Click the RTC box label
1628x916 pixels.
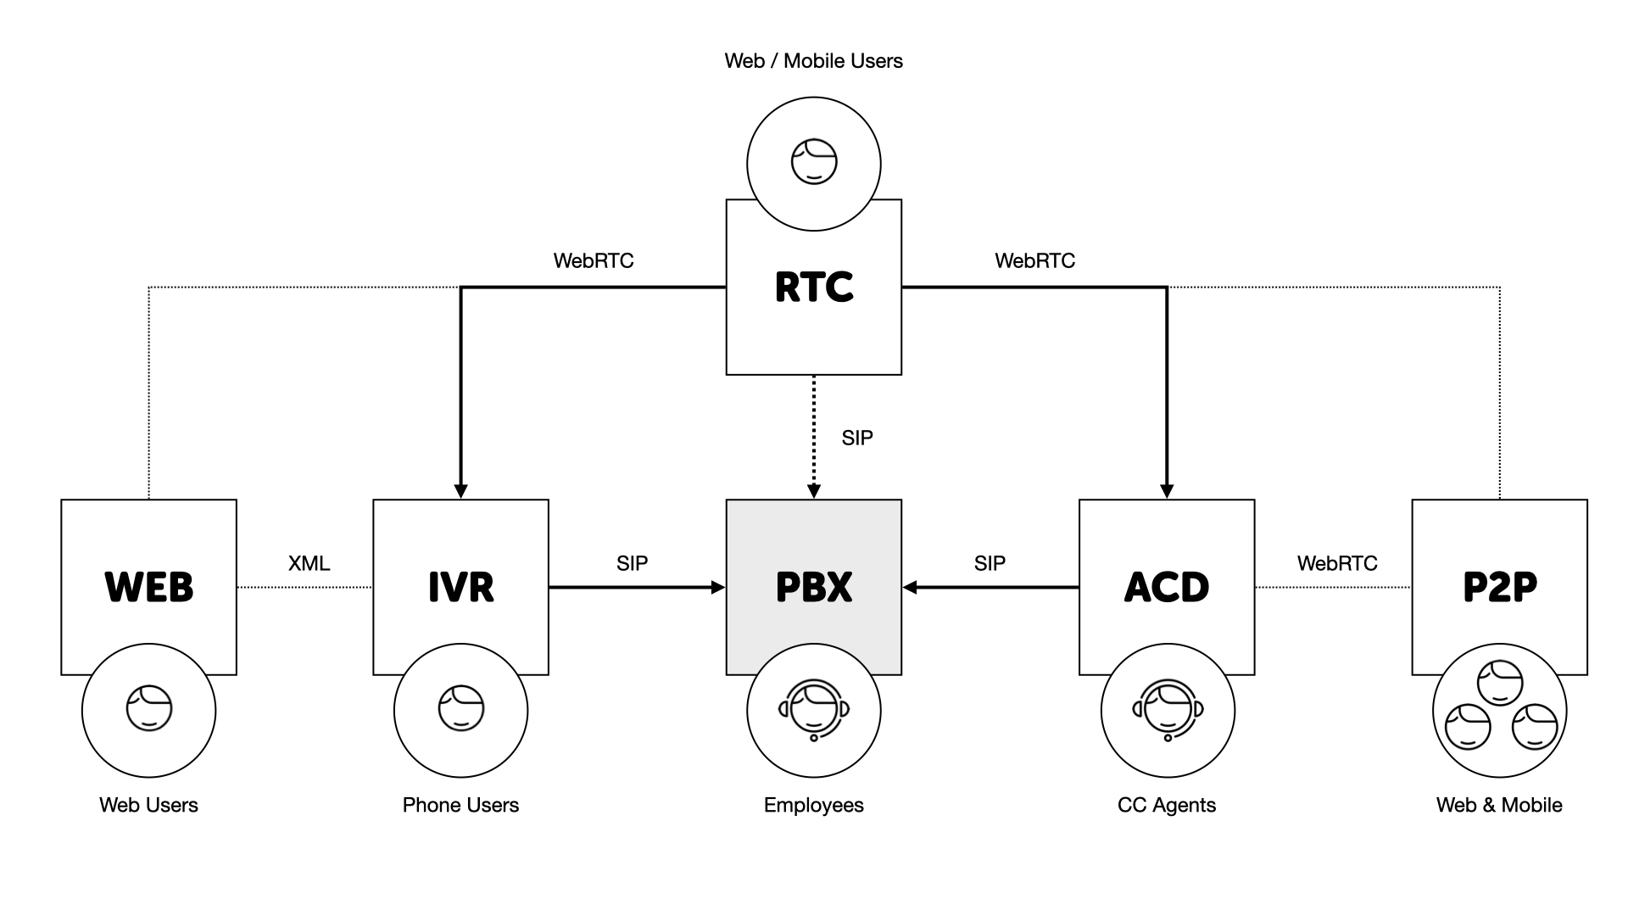click(814, 288)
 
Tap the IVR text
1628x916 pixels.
click(460, 587)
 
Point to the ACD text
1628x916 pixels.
click(1167, 587)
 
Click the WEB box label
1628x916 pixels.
click(149, 587)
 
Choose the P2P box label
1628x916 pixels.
click(1499, 587)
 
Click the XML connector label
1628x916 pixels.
click(309, 563)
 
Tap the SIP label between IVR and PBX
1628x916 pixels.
click(632, 563)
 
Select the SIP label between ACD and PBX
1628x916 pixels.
click(990, 563)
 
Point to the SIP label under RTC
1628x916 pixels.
click(857, 438)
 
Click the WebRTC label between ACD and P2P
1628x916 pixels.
click(1337, 563)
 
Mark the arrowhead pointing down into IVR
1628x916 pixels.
click(460, 491)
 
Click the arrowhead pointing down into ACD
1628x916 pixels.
click(1167, 491)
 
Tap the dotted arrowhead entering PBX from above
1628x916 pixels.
click(814, 491)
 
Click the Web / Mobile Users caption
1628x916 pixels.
click(813, 61)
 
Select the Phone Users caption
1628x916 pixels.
click(460, 805)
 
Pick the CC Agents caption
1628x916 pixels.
click(1167, 805)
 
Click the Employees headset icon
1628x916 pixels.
click(814, 710)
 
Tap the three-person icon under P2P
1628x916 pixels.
click(1500, 710)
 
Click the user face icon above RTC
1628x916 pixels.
click(814, 162)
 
